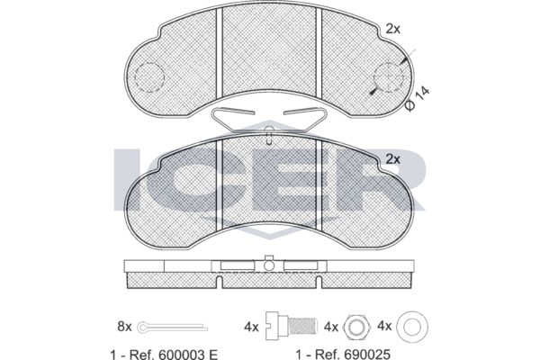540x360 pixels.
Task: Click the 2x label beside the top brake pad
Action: click(x=393, y=29)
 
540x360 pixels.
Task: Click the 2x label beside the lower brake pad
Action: click(x=393, y=159)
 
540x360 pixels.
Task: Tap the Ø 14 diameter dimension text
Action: click(x=418, y=98)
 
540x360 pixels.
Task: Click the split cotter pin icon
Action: click(x=172, y=327)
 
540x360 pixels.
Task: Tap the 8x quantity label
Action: click(x=125, y=326)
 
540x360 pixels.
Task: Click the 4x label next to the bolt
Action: click(x=251, y=327)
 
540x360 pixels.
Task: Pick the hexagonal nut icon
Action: click(x=356, y=327)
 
